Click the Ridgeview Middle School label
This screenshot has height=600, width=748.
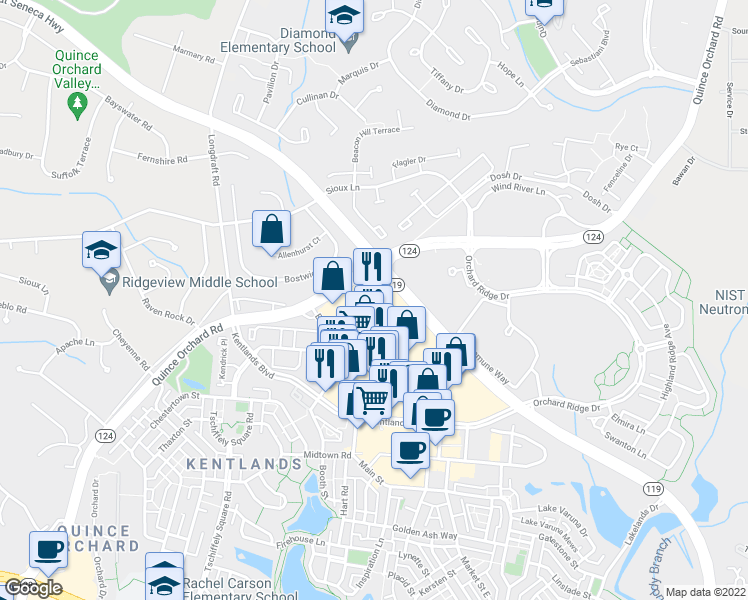pos(186,283)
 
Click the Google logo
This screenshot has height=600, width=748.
pos(32,588)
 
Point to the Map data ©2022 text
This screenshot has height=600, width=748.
pos(706,592)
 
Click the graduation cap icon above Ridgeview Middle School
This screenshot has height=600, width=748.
pos(101,249)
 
